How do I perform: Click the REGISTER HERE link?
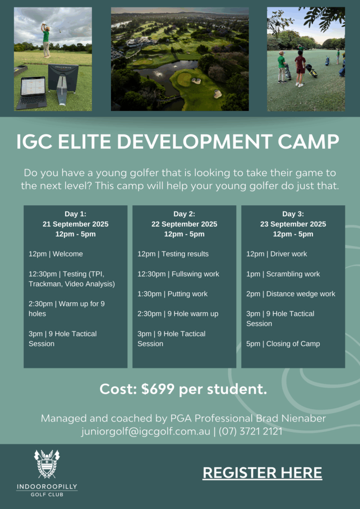[262, 473]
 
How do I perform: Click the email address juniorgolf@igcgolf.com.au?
[141, 432]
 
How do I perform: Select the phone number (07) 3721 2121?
[250, 431]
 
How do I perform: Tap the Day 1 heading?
[76, 214]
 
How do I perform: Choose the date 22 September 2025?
[184, 224]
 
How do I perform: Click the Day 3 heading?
[293, 214]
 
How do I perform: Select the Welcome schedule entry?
[56, 254]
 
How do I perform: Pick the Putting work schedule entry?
[173, 294]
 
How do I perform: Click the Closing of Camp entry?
[283, 344]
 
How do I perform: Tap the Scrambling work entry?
[283, 274]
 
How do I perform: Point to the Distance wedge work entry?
[291, 294]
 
